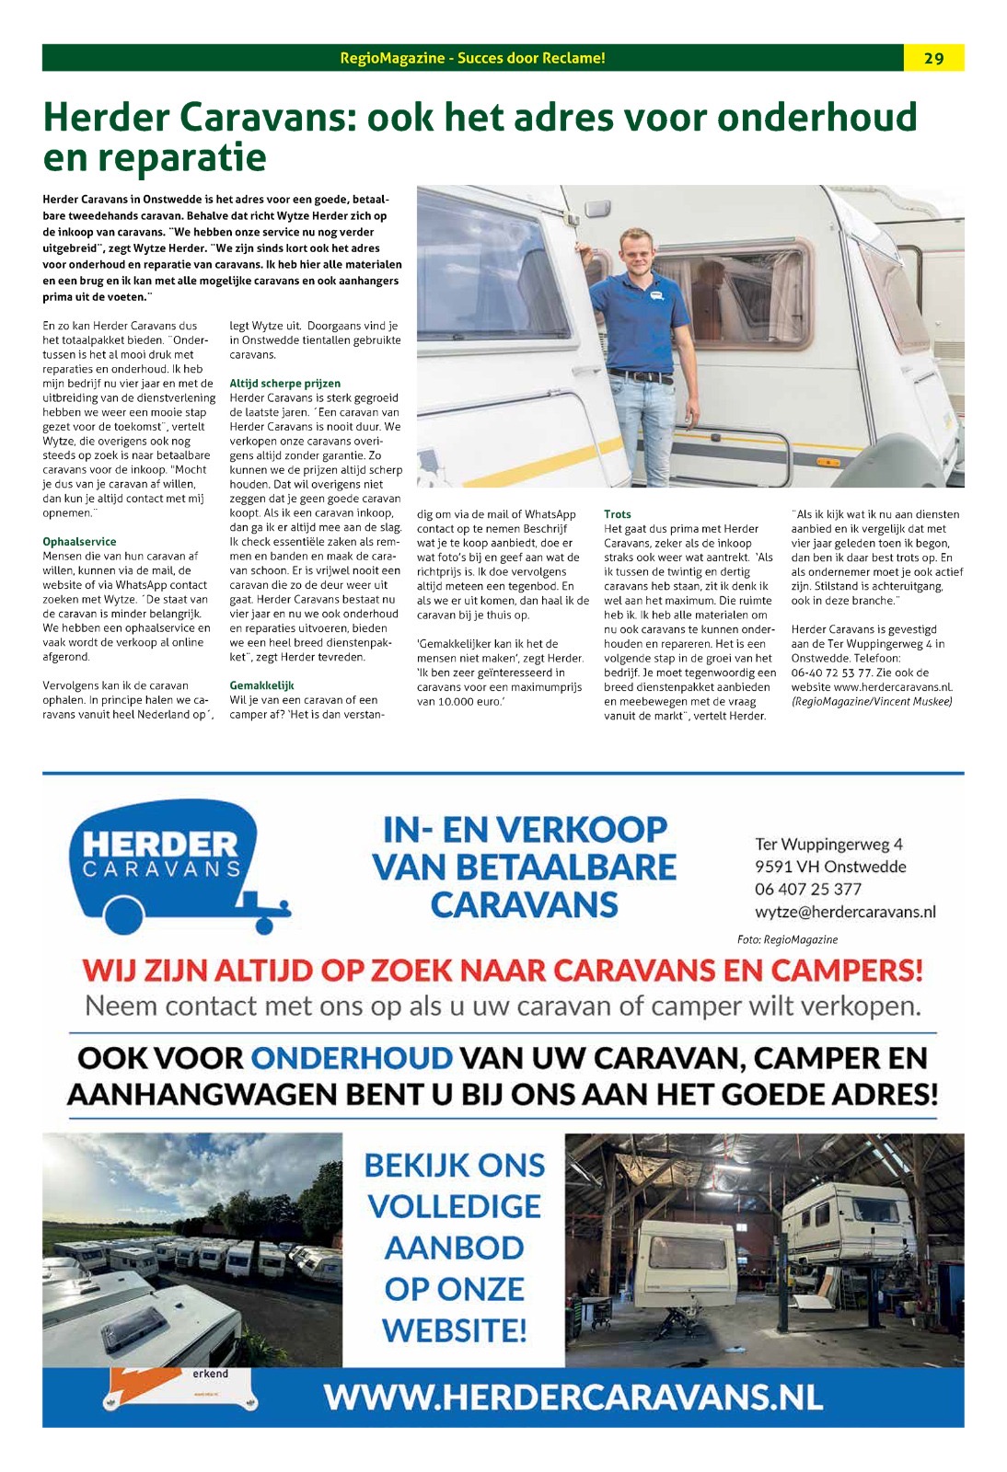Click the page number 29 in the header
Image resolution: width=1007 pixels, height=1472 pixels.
pyautogui.click(x=933, y=58)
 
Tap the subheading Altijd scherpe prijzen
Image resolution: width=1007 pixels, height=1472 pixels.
pyautogui.click(x=284, y=384)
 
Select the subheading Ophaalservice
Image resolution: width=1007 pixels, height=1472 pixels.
pyautogui.click(x=79, y=542)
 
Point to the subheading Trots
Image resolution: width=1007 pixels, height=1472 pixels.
pyautogui.click(x=618, y=514)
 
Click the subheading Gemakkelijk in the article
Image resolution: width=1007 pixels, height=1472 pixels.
pyautogui.click(x=261, y=685)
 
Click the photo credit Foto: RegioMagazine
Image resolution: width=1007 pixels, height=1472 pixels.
pyautogui.click(x=787, y=939)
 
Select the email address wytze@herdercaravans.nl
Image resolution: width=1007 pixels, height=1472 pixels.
pyautogui.click(x=844, y=912)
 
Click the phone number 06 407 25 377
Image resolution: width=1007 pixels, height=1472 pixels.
pyautogui.click(x=807, y=889)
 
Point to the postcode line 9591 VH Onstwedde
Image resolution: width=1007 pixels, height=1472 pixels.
pyautogui.click(x=829, y=867)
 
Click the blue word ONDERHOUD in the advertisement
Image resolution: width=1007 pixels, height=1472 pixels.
pyautogui.click(x=352, y=1058)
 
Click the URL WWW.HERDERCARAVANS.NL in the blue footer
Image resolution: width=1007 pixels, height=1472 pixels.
pyautogui.click(x=573, y=1397)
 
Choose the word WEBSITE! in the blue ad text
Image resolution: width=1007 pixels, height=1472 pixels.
pyautogui.click(x=455, y=1330)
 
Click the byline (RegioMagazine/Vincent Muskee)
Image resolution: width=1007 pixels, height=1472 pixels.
pyautogui.click(x=871, y=701)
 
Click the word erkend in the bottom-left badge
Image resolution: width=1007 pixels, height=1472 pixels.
pyautogui.click(x=210, y=1374)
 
